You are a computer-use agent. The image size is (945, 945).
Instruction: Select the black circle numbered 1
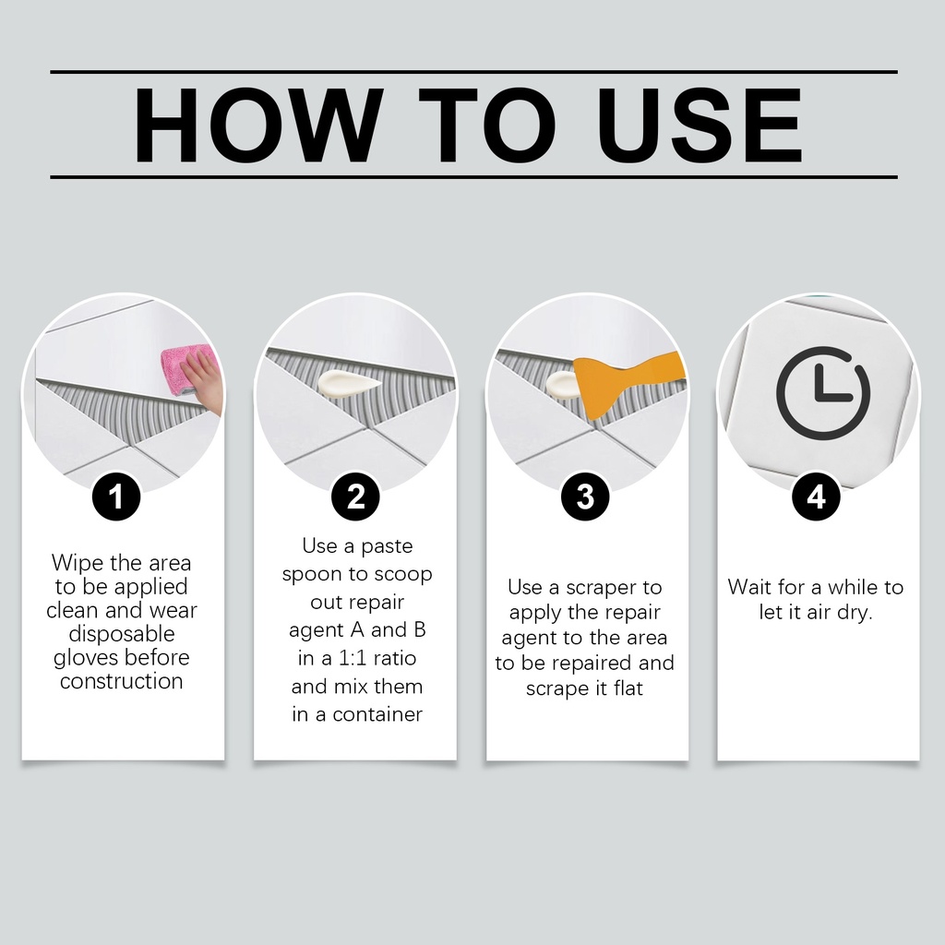coord(116,497)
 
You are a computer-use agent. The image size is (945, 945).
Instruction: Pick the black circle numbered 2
coord(355,497)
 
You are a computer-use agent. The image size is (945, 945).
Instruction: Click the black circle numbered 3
coord(585,497)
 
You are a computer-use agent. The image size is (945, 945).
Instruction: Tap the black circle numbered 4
coord(816,497)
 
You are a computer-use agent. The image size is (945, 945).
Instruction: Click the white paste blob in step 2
coord(348,382)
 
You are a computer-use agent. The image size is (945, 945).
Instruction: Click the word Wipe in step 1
coord(78,564)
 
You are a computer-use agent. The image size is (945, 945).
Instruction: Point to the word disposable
coord(122,634)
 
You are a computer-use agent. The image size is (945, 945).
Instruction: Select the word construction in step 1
coord(122,681)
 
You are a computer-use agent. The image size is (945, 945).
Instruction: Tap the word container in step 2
coord(377,714)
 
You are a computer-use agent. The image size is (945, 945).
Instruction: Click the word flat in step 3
coord(628,688)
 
